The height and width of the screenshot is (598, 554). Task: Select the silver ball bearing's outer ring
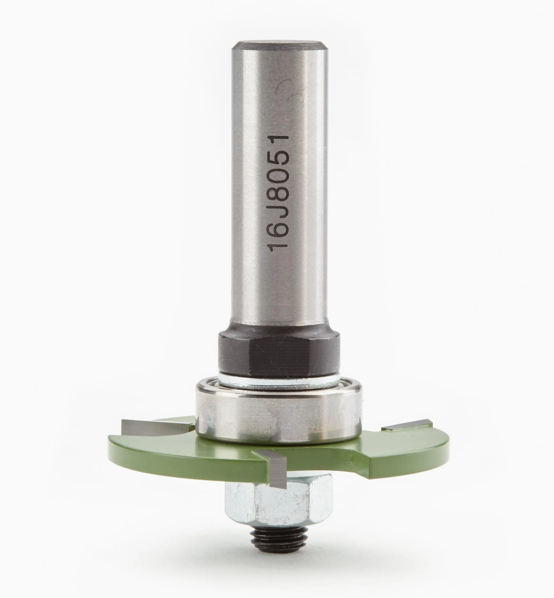click(279, 414)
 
